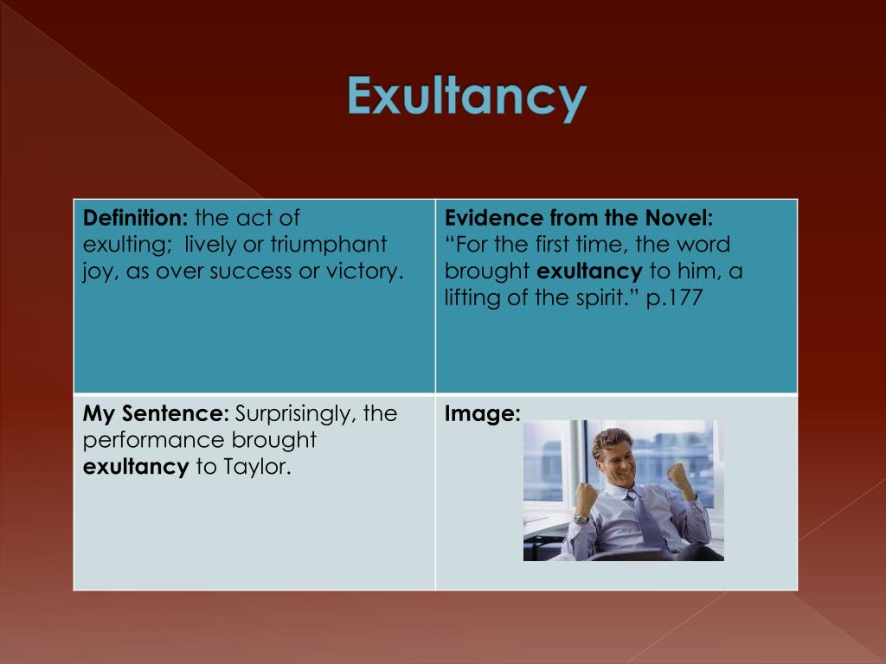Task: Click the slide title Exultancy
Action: (467, 97)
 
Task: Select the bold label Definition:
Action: (136, 218)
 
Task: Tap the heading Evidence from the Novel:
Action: (579, 218)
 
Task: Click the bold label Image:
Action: (482, 414)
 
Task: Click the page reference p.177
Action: (673, 297)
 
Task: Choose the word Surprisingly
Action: (295, 413)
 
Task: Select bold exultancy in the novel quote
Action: (589, 271)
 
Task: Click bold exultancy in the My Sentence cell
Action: (136, 468)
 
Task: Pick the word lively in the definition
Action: (209, 245)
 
